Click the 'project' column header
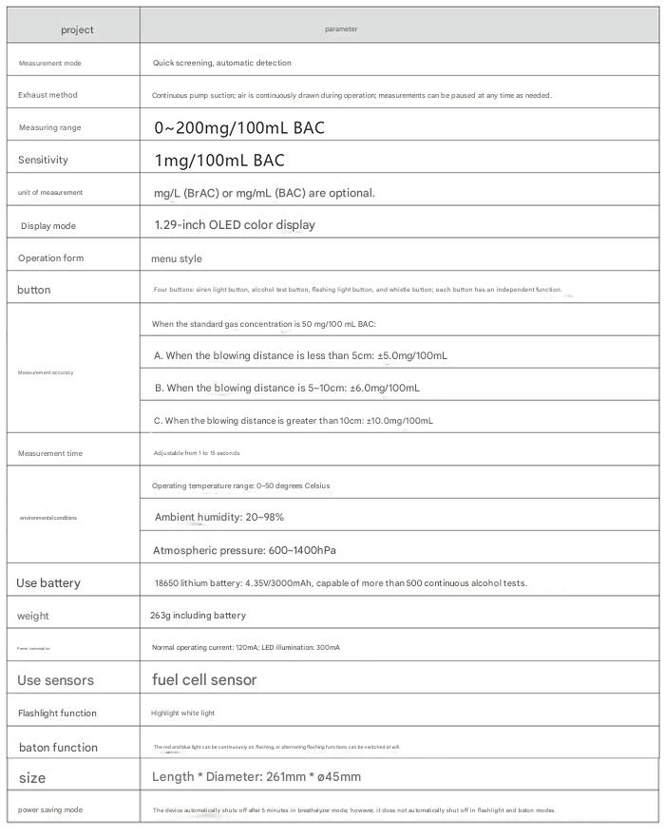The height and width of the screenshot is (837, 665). click(x=77, y=29)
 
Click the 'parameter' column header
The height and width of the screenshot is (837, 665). click(x=341, y=29)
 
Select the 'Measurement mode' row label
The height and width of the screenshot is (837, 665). click(x=50, y=64)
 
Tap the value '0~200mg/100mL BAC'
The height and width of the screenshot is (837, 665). click(x=239, y=127)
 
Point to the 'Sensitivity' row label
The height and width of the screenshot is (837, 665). click(x=43, y=160)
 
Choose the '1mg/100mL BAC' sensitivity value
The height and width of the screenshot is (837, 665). click(x=219, y=160)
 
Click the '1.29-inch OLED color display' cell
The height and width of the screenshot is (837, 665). click(x=235, y=225)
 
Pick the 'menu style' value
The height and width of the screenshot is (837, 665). click(x=177, y=258)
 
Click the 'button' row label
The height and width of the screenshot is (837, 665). click(x=34, y=290)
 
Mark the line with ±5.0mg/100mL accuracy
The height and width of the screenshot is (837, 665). click(x=300, y=355)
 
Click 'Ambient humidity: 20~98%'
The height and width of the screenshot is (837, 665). click(x=219, y=517)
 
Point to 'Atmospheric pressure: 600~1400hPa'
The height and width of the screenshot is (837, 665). click(x=244, y=550)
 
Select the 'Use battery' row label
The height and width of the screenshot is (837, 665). click(x=48, y=582)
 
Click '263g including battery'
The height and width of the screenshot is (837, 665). click(x=198, y=616)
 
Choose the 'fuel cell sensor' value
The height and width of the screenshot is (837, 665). click(x=204, y=679)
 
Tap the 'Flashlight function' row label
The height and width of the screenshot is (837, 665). click(x=57, y=713)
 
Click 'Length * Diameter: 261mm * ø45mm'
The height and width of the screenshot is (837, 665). click(x=256, y=776)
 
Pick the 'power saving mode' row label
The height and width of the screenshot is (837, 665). click(x=50, y=809)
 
